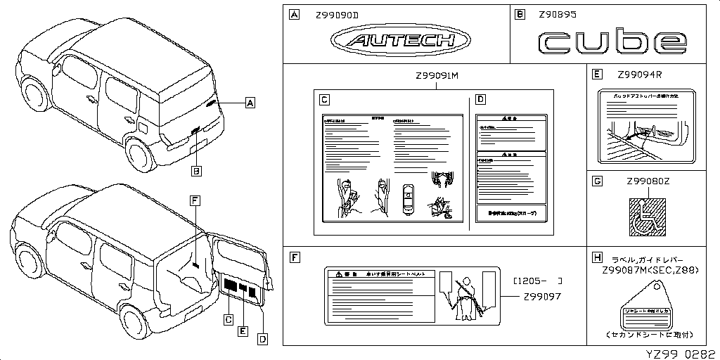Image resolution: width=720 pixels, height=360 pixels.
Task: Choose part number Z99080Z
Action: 648,181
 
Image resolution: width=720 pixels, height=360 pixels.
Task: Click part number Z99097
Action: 541,296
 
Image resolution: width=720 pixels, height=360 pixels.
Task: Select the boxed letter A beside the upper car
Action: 250,103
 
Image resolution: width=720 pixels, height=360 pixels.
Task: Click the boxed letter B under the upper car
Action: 197,170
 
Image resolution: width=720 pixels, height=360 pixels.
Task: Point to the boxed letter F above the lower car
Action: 194,200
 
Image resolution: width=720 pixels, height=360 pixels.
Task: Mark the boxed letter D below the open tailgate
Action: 262,340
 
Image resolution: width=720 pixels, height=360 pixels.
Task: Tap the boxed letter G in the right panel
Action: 597,181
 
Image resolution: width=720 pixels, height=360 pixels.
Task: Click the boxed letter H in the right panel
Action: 597,258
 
